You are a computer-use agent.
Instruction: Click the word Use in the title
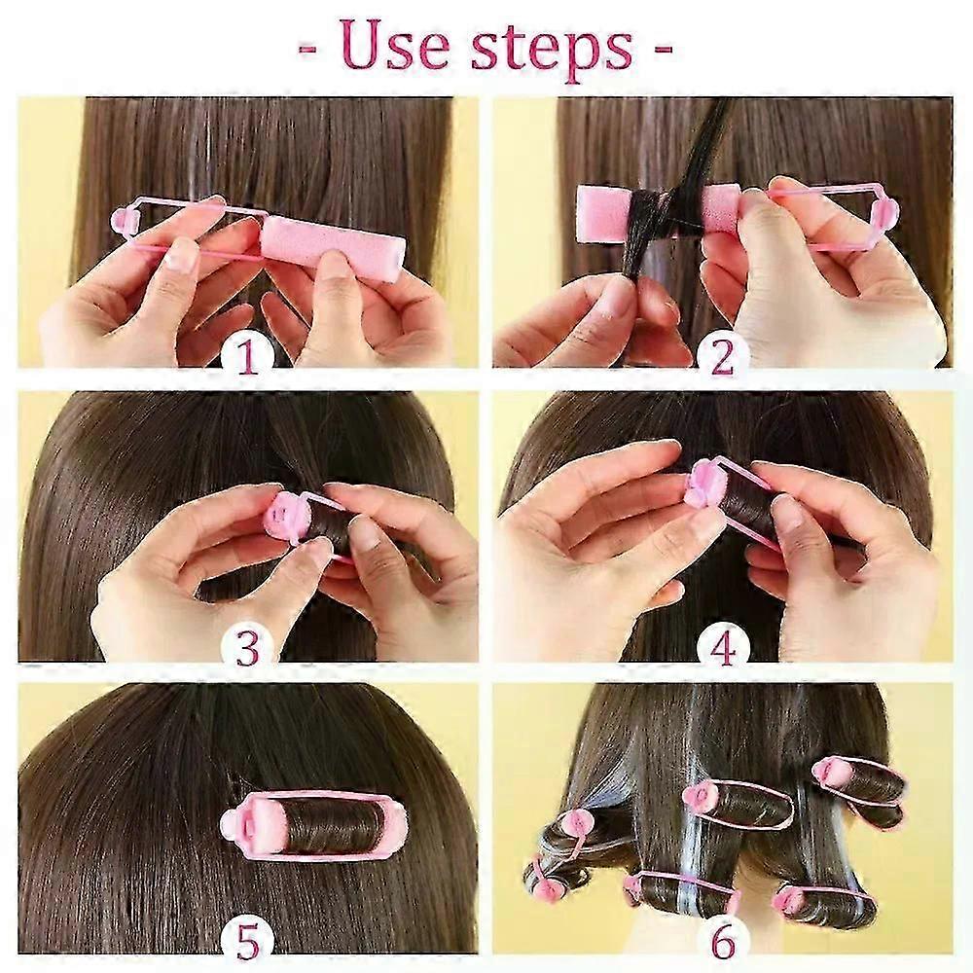pyautogui.click(x=394, y=48)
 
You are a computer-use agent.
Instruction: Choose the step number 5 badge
pyautogui.click(x=246, y=941)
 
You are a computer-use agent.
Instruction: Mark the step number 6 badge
pyautogui.click(x=722, y=941)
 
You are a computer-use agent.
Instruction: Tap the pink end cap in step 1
pyautogui.click(x=126, y=220)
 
